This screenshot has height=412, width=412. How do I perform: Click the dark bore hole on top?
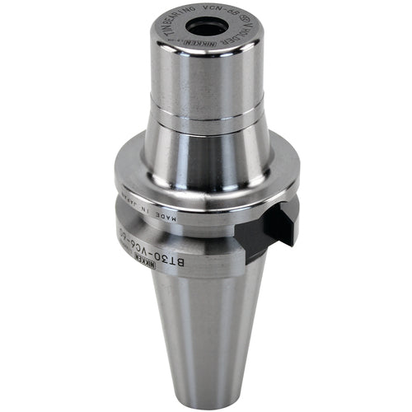click(x=205, y=27)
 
